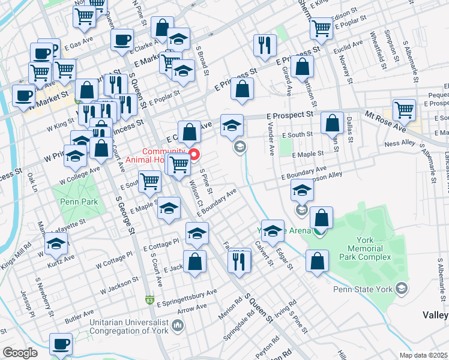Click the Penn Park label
coord(79,202)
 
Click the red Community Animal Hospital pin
coord(194,155)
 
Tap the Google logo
coord(20,353)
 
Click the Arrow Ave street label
coord(192,308)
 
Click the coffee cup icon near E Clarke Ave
coord(122,40)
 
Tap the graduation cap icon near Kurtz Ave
coord(56,243)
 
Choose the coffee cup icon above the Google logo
coord(61,344)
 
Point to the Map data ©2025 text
coord(423,355)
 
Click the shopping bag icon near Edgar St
coord(317,261)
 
